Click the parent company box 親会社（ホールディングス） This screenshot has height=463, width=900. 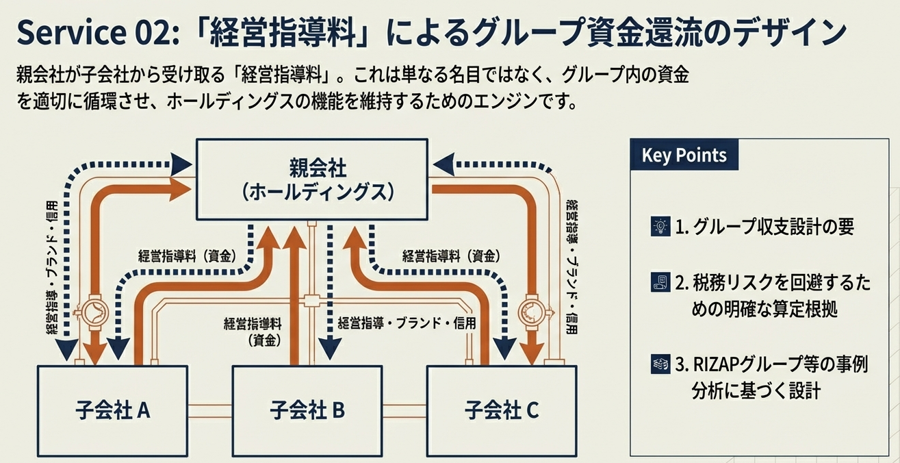(x=312, y=180)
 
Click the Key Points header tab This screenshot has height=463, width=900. (x=684, y=155)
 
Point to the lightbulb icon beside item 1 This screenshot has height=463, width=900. (x=660, y=226)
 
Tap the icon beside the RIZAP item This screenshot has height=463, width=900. (x=660, y=364)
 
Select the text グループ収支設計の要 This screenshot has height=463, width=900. (x=773, y=227)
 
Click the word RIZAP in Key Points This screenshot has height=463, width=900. (x=715, y=364)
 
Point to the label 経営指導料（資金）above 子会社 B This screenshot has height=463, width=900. (x=253, y=330)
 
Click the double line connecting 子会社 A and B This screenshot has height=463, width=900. (x=209, y=410)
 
